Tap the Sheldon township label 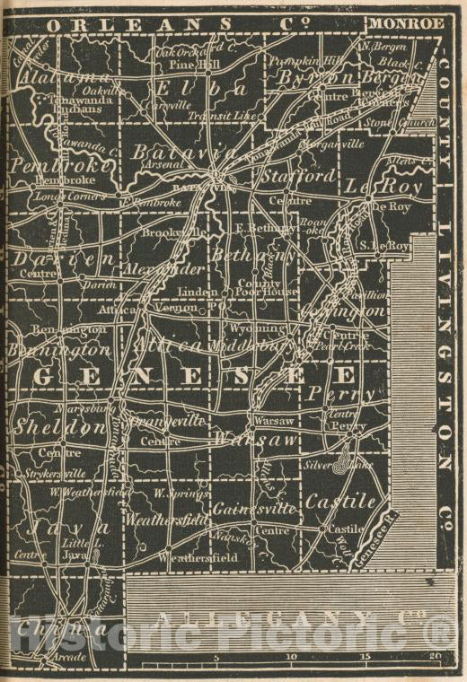(x=59, y=427)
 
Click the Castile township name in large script (x=341, y=502)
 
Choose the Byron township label (x=311, y=78)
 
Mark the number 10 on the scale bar (x=290, y=657)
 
